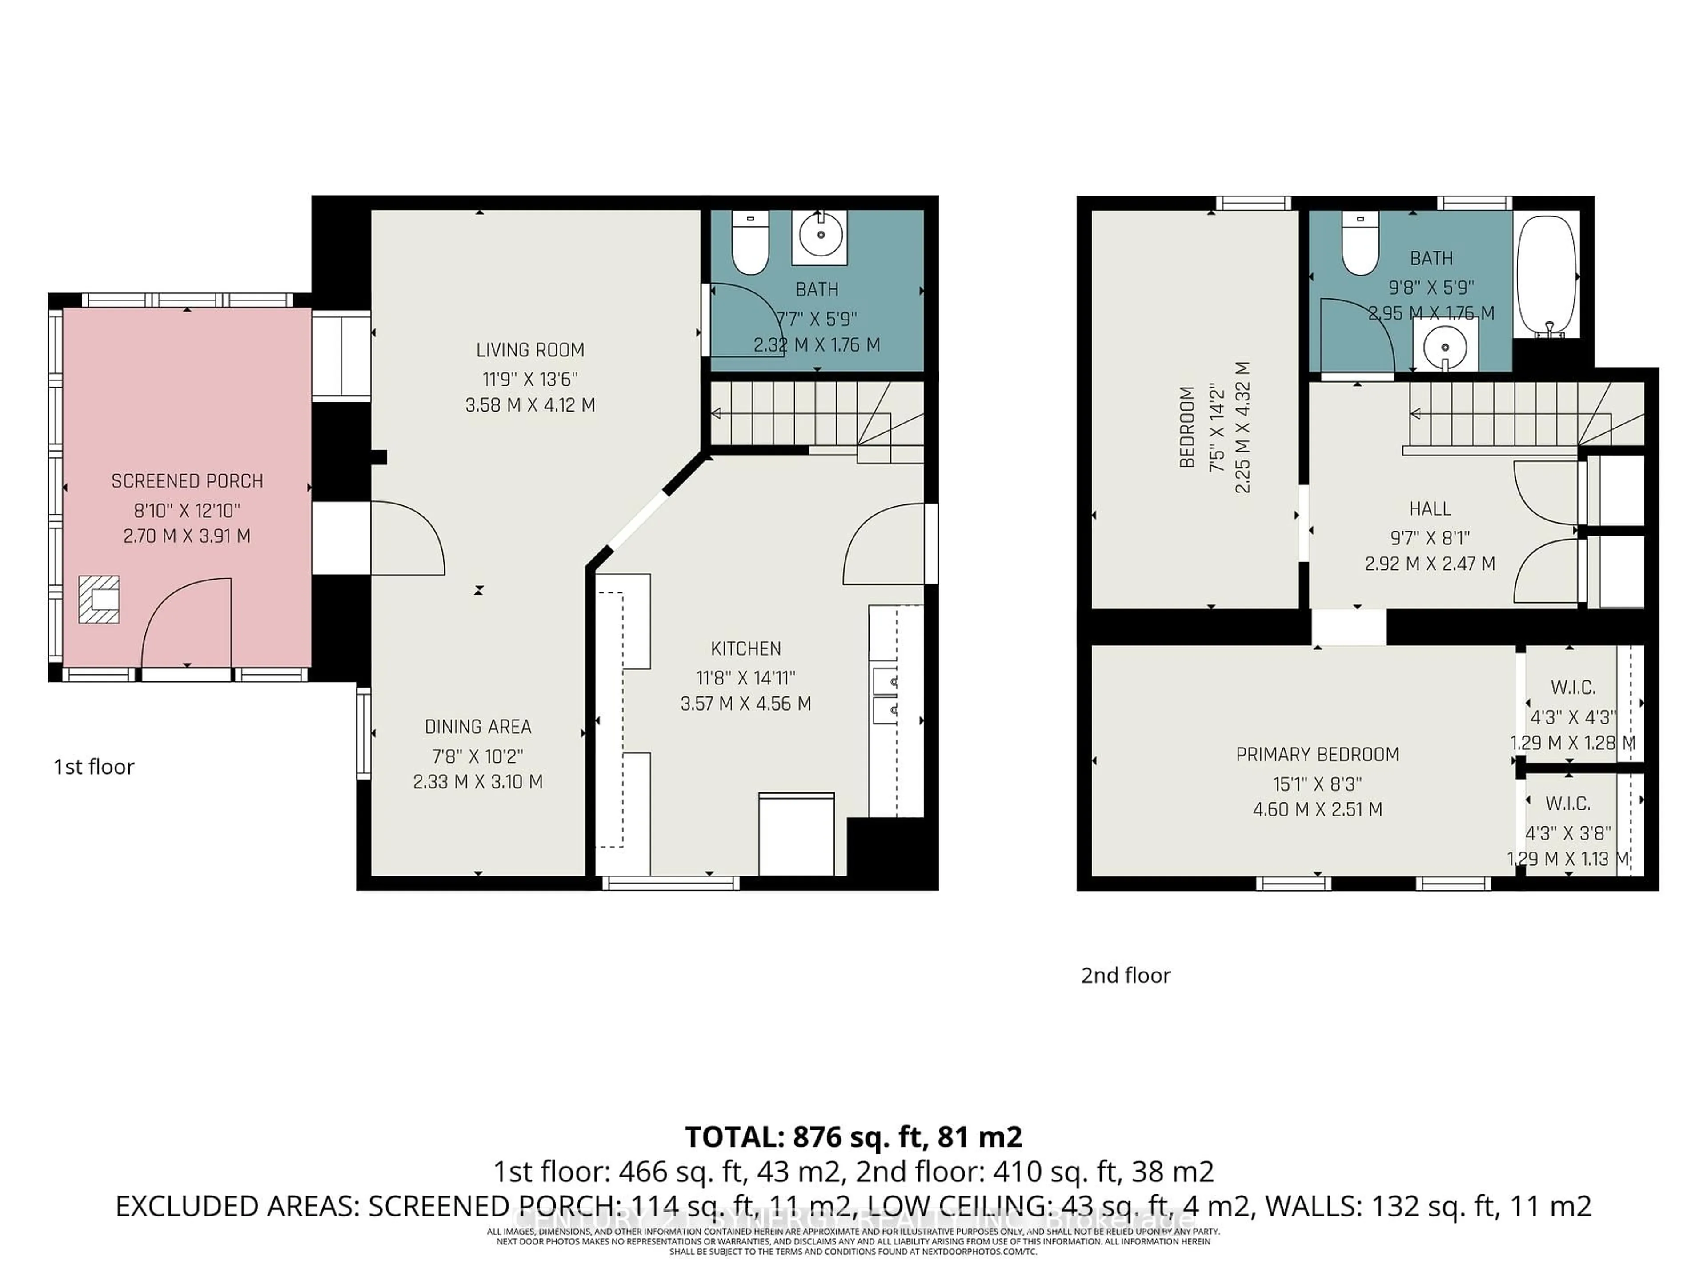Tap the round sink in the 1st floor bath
coord(820,234)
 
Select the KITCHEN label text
coord(745,649)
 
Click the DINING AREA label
coord(478,727)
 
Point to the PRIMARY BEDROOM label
coord(1317,755)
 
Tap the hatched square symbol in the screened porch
coord(99,600)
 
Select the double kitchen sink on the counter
coord(885,694)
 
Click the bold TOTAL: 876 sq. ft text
coord(853,1136)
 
